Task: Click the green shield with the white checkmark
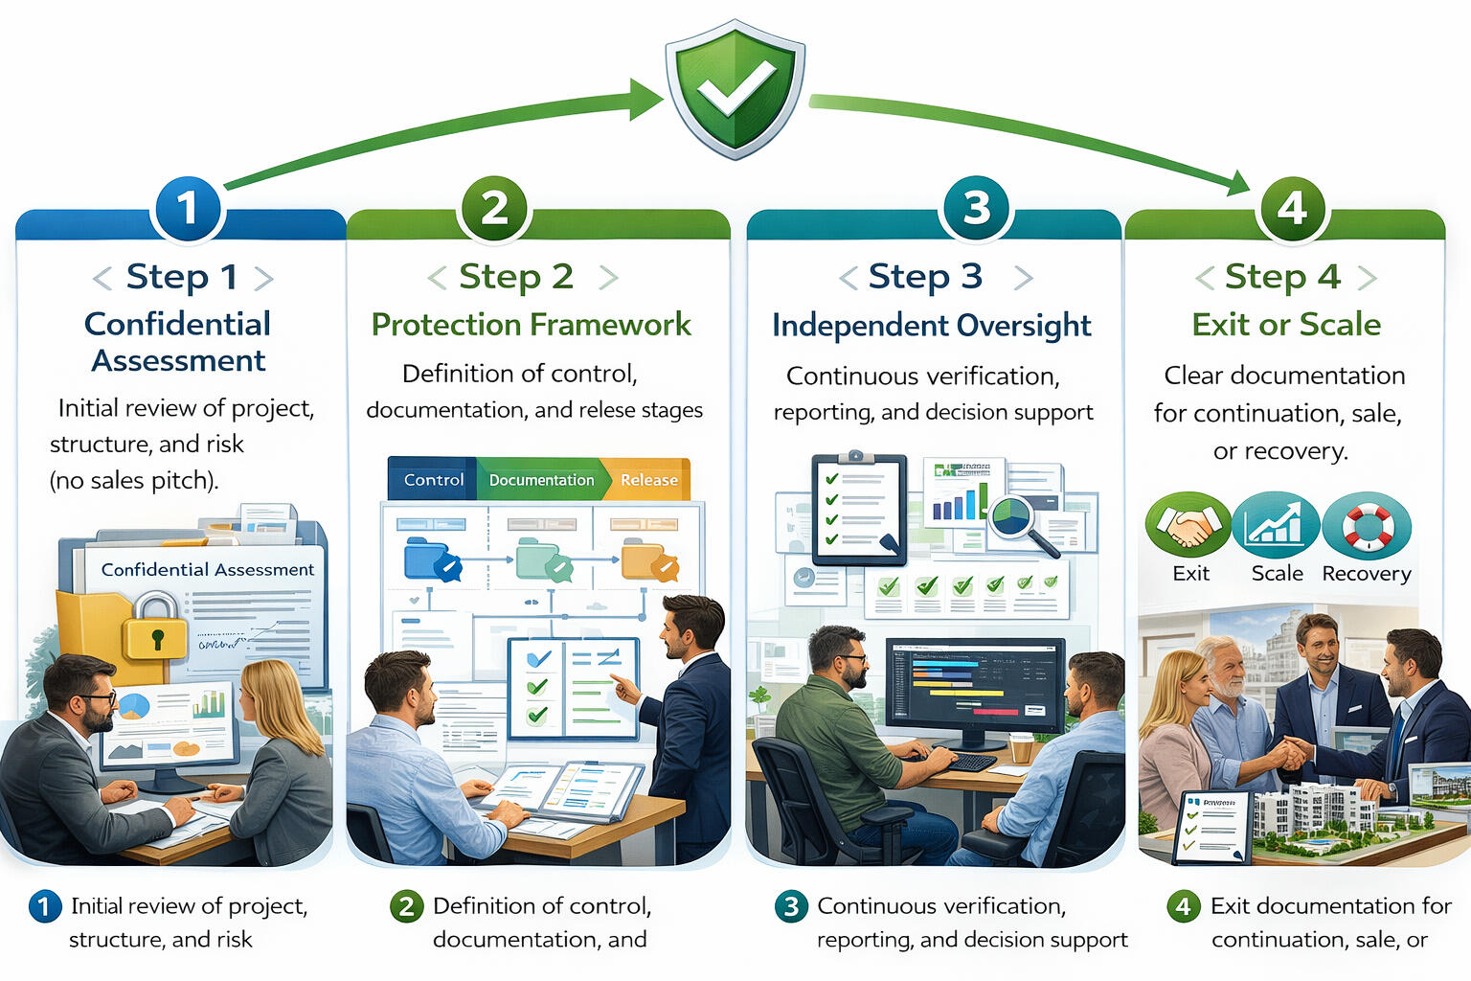tap(735, 88)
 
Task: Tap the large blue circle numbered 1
tap(188, 208)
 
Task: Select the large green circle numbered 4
tap(1292, 208)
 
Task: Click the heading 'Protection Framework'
tap(531, 325)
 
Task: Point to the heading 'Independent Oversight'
tap(931, 326)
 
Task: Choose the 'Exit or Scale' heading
tap(1286, 325)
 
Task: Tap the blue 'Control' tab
tap(433, 480)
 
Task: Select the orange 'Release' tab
tap(648, 480)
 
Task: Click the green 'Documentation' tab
tap(541, 480)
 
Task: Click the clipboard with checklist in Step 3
tap(858, 510)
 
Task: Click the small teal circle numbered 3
tap(791, 906)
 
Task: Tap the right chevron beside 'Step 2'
tap(608, 278)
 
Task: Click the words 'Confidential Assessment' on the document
tap(207, 570)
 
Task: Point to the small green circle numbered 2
tap(406, 906)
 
